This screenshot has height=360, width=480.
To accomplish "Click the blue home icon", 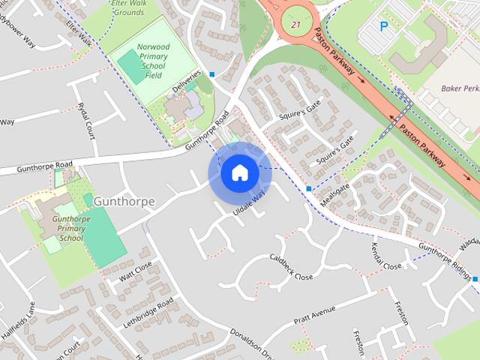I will click(x=239, y=173).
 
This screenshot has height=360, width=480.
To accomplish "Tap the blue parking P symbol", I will click(x=384, y=26).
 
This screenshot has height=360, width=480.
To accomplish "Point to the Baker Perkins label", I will click(x=459, y=88).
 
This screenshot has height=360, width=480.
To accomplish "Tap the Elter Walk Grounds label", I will click(x=128, y=8).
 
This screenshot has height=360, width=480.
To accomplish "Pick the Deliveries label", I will click(x=187, y=83).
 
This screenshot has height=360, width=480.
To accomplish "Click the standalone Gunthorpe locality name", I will click(x=124, y=201).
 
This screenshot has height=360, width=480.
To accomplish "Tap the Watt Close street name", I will click(x=136, y=271).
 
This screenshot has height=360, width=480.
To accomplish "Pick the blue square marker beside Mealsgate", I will click(x=308, y=188).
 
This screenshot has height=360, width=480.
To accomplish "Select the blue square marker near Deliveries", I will click(x=213, y=74).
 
